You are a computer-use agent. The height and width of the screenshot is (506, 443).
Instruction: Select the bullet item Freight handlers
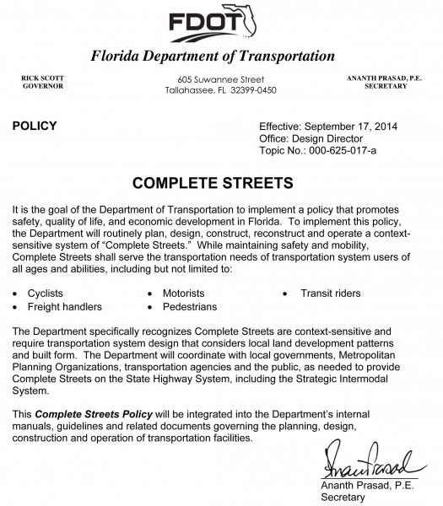coord(67,306)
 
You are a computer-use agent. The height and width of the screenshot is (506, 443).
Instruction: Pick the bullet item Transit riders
coord(331,293)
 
